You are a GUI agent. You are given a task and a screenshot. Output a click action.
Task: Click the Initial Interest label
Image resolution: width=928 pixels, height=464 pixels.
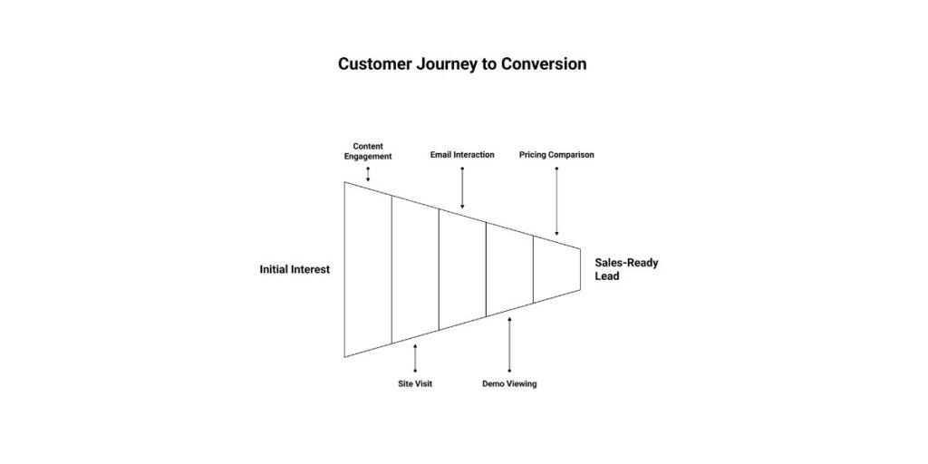coord(295,269)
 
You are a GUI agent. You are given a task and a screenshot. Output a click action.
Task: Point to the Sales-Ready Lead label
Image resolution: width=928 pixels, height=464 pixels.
coord(626,269)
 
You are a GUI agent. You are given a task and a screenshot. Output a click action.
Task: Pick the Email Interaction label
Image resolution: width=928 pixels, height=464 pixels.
coord(462,155)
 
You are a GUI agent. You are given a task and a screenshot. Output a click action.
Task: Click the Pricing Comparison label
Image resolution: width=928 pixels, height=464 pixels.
coord(556,155)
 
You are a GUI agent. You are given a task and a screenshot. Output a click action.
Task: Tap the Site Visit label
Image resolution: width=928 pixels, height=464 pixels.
coord(415,384)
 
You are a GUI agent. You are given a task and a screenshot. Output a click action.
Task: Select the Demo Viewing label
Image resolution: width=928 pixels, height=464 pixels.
coord(509,384)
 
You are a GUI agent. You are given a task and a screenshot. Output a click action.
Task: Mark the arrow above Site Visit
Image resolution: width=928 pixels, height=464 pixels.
coord(415,357)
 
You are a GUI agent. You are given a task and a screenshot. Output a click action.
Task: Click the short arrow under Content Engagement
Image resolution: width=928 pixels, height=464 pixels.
coord(368,174)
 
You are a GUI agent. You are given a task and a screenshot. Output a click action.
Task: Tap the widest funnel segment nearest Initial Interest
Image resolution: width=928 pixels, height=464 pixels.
coord(368,269)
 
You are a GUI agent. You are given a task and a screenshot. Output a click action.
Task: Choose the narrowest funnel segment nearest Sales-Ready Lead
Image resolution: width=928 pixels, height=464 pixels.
coord(556,269)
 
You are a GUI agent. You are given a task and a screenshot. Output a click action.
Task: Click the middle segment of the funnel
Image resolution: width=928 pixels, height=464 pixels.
coord(462,269)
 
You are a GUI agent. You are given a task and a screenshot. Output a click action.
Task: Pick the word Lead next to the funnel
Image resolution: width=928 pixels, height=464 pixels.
coord(607,276)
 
